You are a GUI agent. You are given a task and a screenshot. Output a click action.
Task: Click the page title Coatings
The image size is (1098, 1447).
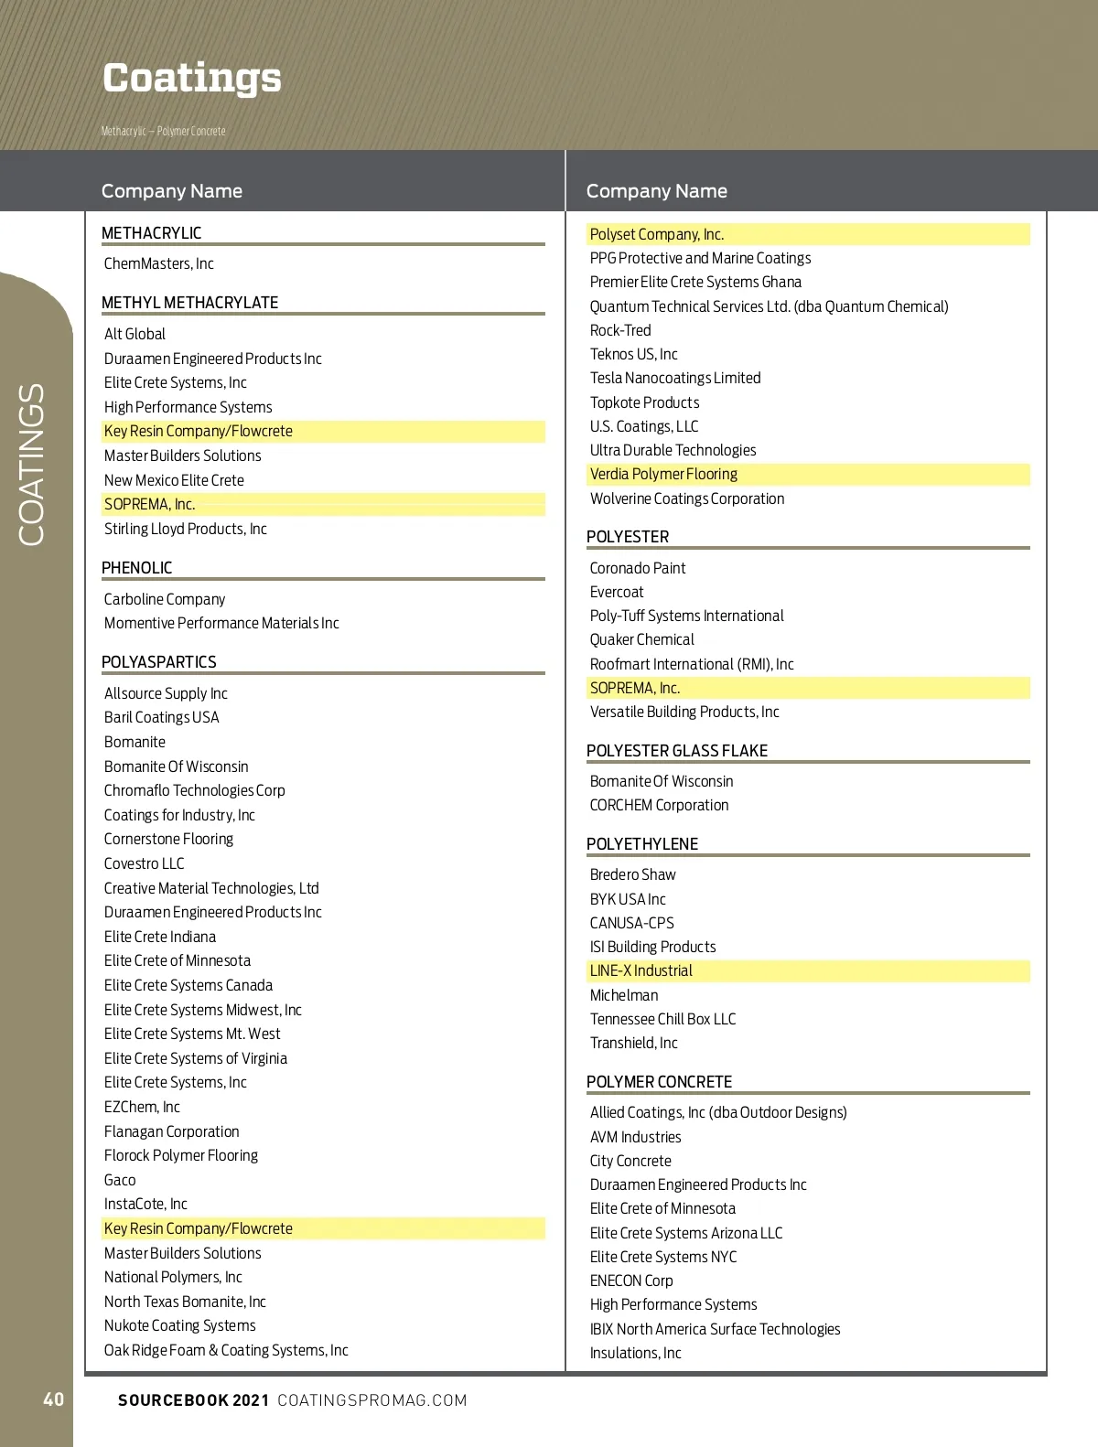(x=192, y=79)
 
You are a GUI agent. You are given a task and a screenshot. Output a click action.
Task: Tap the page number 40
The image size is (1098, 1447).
(x=54, y=1399)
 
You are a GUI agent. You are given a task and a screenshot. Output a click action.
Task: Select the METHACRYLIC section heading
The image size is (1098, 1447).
(x=152, y=233)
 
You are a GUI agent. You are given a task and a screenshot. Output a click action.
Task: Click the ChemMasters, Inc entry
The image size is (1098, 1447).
(x=159, y=263)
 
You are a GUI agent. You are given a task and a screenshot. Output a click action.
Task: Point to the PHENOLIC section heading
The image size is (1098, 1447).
(x=137, y=568)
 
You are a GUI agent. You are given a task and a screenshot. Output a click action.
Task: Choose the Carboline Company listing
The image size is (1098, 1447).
(x=165, y=599)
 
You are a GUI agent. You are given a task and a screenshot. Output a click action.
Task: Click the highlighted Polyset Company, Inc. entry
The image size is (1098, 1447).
(x=657, y=234)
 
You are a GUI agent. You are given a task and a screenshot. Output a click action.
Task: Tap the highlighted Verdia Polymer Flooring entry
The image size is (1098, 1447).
(x=663, y=474)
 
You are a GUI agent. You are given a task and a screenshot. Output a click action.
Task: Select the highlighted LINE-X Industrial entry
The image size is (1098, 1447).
(x=640, y=970)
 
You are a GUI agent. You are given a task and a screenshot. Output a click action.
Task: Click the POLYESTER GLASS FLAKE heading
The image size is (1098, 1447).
(x=677, y=751)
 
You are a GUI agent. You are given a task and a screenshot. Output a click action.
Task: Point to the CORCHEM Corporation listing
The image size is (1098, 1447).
(x=659, y=805)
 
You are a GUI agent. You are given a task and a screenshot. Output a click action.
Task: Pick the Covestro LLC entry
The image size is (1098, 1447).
(x=145, y=863)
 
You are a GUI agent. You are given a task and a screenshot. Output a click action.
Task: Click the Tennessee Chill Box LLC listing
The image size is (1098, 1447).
(x=662, y=1019)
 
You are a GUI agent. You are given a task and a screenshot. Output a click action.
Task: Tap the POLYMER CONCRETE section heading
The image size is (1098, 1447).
(x=659, y=1082)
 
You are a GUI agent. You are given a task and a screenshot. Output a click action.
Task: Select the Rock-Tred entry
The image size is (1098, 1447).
(x=620, y=330)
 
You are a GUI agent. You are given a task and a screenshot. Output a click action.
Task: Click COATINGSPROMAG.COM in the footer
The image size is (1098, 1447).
(x=372, y=1400)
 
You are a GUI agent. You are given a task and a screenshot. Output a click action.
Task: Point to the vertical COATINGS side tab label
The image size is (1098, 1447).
(x=32, y=465)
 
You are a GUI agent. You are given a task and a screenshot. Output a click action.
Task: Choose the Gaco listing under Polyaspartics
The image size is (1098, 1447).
(x=120, y=1180)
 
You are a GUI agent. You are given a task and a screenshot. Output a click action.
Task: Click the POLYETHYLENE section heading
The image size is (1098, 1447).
(x=642, y=844)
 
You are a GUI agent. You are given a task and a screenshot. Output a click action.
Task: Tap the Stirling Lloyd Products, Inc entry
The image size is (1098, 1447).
(x=186, y=529)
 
